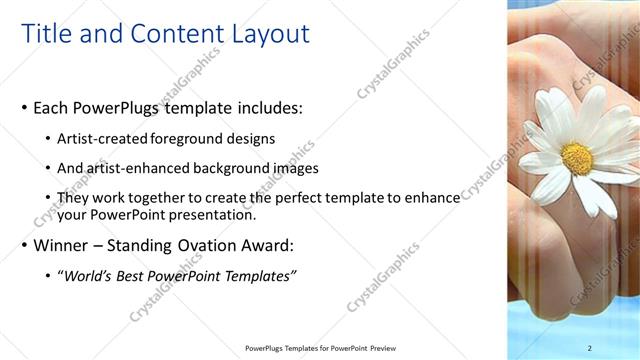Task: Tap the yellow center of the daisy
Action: coord(576,158)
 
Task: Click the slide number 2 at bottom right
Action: coord(589,348)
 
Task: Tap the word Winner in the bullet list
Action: coord(61,245)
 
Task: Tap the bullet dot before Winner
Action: coord(24,245)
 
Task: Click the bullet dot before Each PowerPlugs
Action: coord(24,108)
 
